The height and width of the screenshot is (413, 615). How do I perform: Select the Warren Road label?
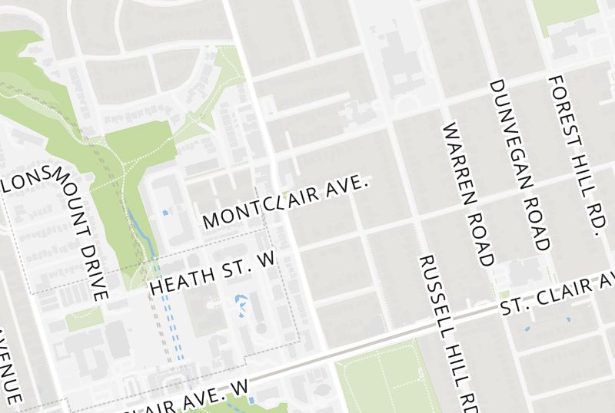click(x=467, y=193)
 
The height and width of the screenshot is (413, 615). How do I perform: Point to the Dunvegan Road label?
click(x=520, y=164)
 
